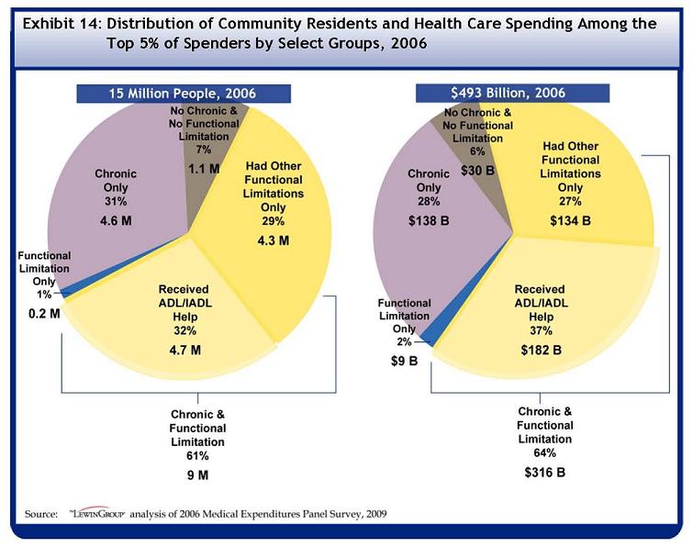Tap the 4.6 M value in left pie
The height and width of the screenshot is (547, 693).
pyautogui.click(x=117, y=221)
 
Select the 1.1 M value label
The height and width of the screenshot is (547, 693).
pyautogui.click(x=203, y=169)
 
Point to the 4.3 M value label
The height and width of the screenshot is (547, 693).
pyautogui.click(x=271, y=240)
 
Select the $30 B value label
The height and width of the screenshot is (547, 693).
pyautogui.click(x=478, y=171)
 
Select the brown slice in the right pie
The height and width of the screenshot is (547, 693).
pyautogui.click(x=471, y=151)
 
